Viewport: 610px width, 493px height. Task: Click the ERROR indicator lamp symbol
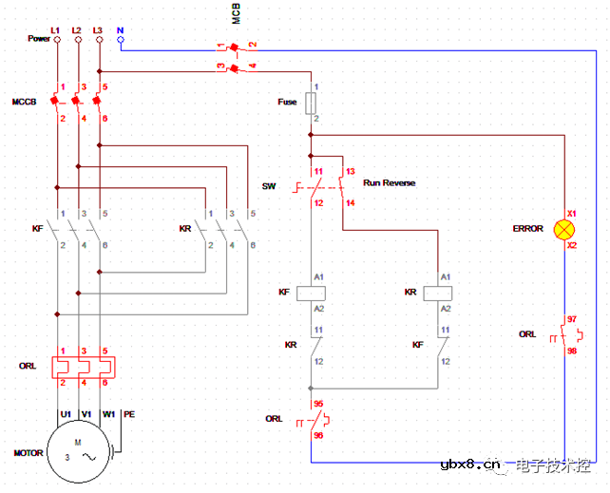pos(564,228)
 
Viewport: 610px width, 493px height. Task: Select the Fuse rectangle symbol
pos(310,102)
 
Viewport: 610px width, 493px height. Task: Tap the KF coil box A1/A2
pos(311,293)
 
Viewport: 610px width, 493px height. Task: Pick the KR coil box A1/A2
pos(437,293)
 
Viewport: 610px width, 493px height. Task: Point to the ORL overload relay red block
pos(81,366)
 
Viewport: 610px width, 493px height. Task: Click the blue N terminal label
pos(120,30)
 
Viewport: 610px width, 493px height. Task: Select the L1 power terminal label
pos(55,30)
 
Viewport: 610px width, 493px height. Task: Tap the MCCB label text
pos(25,101)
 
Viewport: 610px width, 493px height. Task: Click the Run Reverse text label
pos(390,182)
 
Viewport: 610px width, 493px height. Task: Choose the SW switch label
pos(269,186)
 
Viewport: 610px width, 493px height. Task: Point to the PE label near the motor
pos(129,414)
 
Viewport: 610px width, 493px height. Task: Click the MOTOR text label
pos(28,453)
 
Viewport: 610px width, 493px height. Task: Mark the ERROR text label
pos(528,229)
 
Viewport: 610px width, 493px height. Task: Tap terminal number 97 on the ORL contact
pos(572,319)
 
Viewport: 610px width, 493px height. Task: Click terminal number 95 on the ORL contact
pos(318,404)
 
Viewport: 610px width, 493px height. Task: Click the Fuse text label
pos(287,102)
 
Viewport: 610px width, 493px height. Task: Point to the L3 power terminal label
pos(98,30)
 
